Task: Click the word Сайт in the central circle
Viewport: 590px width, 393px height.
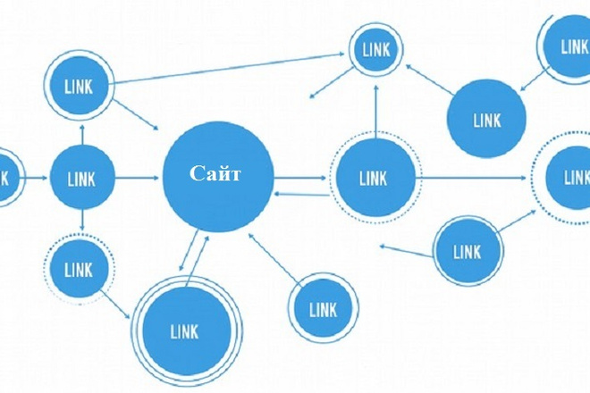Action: point(215,174)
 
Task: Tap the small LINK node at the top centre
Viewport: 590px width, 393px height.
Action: point(375,49)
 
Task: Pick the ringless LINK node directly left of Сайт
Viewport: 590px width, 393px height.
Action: point(82,178)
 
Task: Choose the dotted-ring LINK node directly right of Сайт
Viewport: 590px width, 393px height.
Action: point(375,177)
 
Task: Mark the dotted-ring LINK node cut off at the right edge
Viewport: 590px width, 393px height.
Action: point(564,178)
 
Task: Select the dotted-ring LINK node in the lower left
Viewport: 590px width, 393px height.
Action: point(79,269)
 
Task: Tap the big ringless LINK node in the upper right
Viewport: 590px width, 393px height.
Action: point(486,118)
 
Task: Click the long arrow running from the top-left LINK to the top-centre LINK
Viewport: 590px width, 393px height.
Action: point(229,69)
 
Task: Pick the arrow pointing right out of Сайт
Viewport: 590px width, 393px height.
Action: point(299,178)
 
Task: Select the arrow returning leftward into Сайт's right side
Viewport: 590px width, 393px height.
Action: point(302,194)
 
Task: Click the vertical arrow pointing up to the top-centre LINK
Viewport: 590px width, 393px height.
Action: point(375,112)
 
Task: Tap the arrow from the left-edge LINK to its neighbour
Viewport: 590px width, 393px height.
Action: point(37,178)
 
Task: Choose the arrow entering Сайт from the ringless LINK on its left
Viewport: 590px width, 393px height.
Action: point(137,178)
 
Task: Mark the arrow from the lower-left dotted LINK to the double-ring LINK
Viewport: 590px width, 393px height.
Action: point(116,304)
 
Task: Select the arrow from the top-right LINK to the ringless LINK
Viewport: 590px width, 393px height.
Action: point(535,79)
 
